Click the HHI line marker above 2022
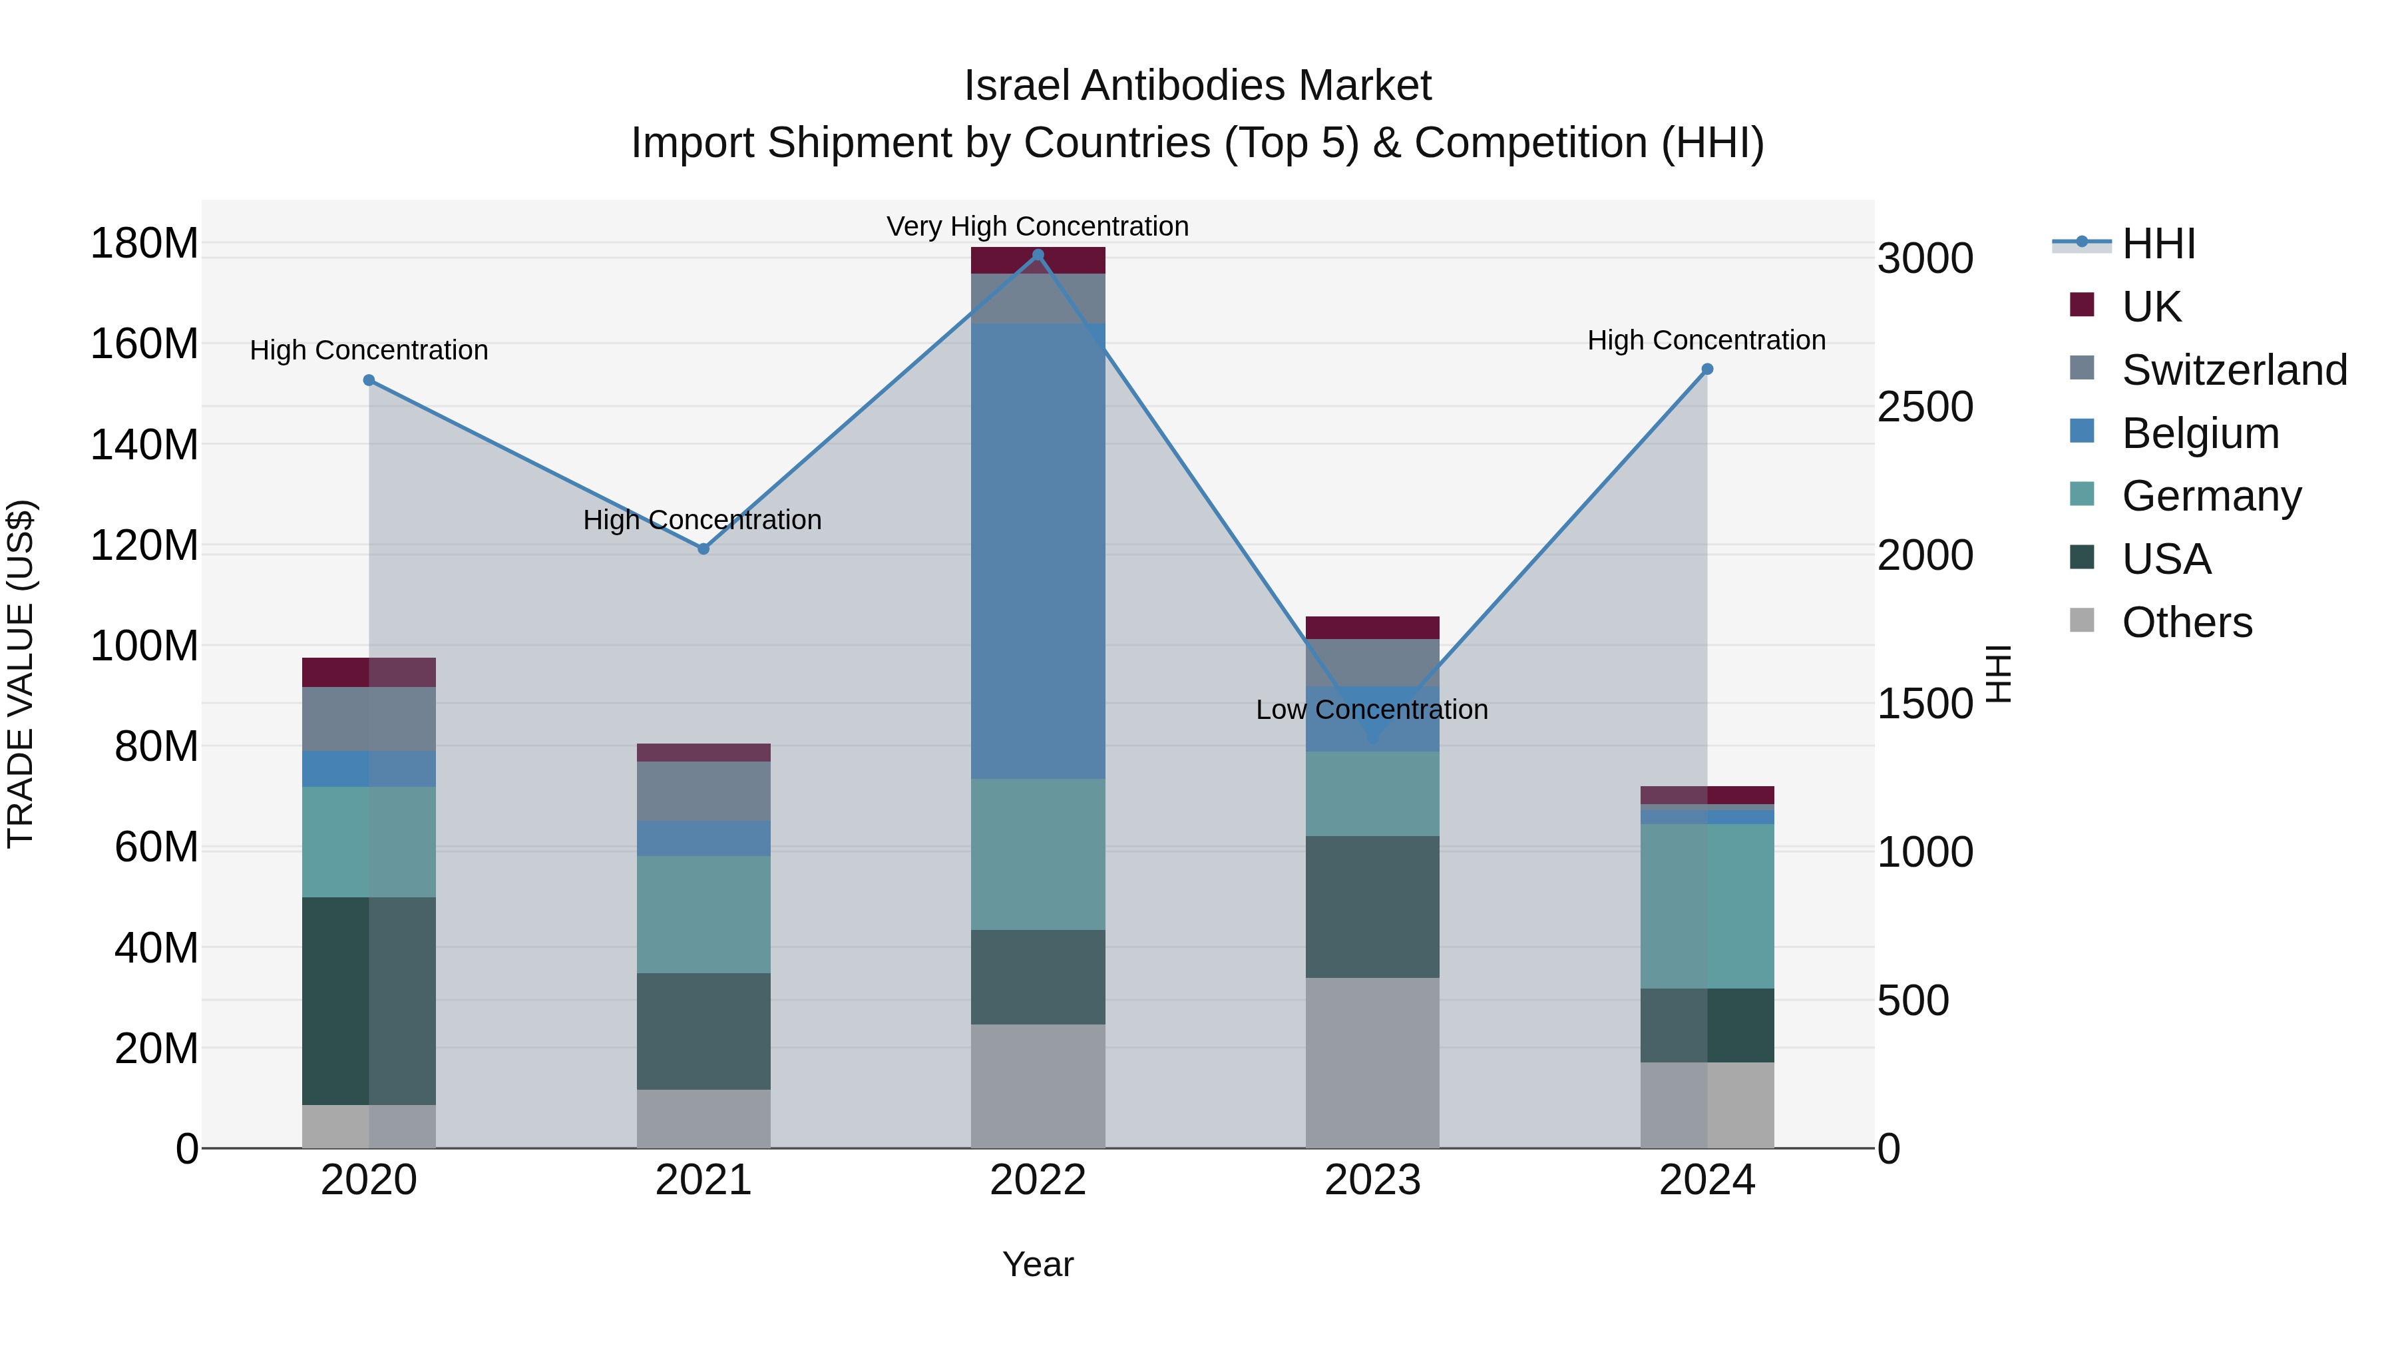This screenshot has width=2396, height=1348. point(1038,255)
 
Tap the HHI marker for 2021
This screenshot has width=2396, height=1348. point(703,549)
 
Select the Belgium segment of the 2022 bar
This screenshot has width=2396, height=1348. point(1038,551)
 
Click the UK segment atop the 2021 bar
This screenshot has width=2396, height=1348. point(703,753)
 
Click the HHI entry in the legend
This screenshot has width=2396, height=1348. point(2158,244)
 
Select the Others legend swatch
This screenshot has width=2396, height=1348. point(2082,620)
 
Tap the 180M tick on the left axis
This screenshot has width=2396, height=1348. point(144,244)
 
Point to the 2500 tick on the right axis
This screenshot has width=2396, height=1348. point(1924,407)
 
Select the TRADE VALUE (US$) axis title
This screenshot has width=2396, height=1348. point(21,674)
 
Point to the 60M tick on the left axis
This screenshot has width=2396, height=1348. point(156,847)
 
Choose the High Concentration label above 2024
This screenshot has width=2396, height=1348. point(1706,340)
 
